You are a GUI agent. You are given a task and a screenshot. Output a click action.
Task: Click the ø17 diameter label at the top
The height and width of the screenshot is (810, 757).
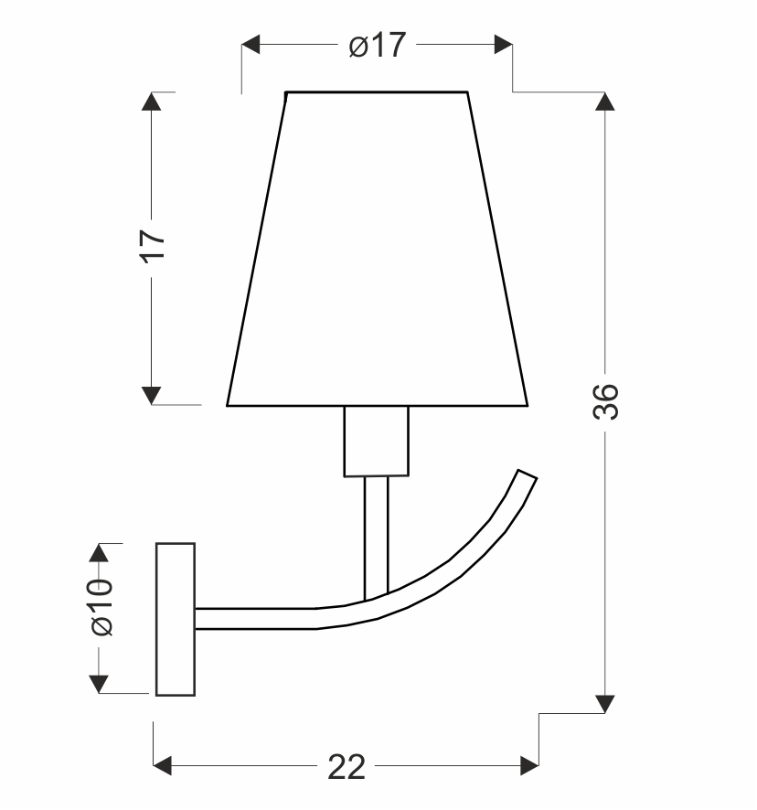378,45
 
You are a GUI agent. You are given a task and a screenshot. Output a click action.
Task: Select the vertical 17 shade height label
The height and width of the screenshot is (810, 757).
153,247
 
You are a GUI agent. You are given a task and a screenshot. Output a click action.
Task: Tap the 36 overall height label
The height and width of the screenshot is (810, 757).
605,402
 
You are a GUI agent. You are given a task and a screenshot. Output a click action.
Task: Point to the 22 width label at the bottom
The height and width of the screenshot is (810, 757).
347,767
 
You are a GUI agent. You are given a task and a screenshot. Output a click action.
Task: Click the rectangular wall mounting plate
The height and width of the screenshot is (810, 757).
176,619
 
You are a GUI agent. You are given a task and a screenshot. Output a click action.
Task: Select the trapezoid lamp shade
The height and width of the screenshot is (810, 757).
378,249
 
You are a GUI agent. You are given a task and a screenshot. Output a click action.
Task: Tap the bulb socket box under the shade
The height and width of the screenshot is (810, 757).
376,442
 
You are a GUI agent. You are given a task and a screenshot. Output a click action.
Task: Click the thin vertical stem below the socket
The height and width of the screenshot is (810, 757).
376,538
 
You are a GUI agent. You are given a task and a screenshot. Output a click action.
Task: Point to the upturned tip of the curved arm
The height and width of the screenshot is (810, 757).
527,474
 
